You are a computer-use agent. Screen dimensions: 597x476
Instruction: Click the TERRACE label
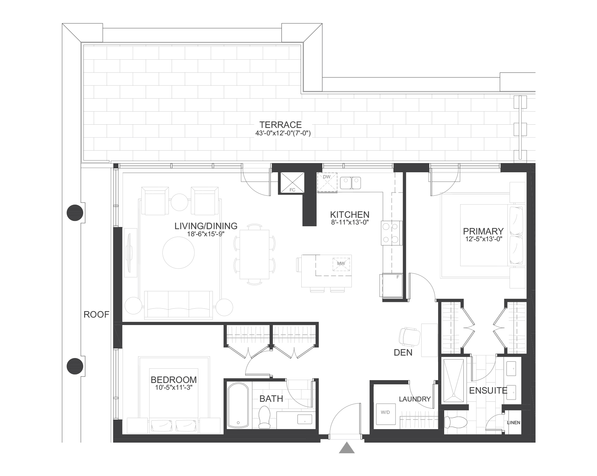pyautogui.click(x=280, y=125)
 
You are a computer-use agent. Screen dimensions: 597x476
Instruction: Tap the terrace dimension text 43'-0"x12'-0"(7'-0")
pyautogui.click(x=280, y=134)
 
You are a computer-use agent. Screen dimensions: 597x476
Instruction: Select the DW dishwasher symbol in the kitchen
pyautogui.click(x=327, y=183)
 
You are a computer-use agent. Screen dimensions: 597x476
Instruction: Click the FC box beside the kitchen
pyautogui.click(x=292, y=183)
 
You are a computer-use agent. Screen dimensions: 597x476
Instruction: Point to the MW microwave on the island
pyautogui.click(x=341, y=264)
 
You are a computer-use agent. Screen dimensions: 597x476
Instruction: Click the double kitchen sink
pyautogui.click(x=350, y=183)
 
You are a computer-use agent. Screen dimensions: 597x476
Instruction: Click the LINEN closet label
pyautogui.click(x=513, y=423)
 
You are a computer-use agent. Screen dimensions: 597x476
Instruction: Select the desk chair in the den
pyautogui.click(x=409, y=336)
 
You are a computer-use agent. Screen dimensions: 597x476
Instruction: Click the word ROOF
pyautogui.click(x=96, y=314)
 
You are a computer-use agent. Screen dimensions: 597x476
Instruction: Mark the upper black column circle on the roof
pyautogui.click(x=75, y=213)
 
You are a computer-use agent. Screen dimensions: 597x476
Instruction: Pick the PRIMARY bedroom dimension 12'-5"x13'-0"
pyautogui.click(x=484, y=239)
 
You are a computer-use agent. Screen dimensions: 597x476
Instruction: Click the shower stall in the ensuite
pyautogui.click(x=453, y=380)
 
